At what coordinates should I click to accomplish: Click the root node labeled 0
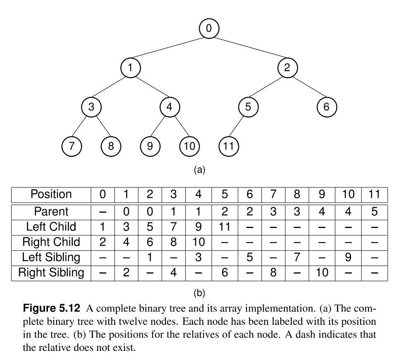(209, 28)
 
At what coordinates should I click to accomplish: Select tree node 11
(228, 146)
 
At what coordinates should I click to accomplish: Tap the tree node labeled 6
(327, 107)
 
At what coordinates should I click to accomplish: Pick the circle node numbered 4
(169, 107)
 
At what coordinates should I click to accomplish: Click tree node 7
(71, 146)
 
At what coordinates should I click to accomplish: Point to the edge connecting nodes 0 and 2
(248, 48)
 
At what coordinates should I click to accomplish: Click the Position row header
(51, 194)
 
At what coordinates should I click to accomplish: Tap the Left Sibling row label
(51, 257)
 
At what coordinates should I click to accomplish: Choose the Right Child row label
(51, 242)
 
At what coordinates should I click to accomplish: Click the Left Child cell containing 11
(224, 227)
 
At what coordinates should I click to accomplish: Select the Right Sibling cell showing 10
(322, 273)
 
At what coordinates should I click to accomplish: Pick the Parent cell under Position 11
(374, 211)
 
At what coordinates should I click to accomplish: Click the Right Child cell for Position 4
(198, 242)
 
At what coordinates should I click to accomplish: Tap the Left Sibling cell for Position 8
(296, 257)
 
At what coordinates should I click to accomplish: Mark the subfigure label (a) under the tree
(199, 170)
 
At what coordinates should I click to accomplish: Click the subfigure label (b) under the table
(199, 293)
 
